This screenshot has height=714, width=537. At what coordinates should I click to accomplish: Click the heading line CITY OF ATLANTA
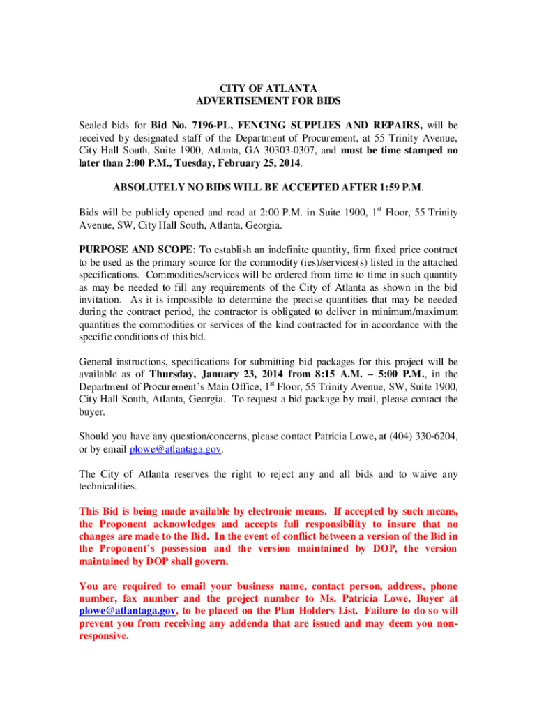click(x=268, y=89)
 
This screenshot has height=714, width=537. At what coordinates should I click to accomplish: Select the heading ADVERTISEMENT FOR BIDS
click(x=268, y=101)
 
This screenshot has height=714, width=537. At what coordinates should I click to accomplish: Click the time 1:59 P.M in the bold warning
click(x=402, y=187)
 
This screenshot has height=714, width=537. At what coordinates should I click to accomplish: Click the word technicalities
click(x=108, y=487)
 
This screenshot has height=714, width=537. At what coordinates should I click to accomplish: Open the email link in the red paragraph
click(x=127, y=611)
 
